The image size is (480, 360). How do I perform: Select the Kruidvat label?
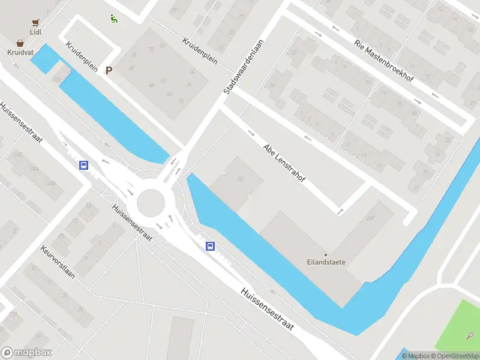21,52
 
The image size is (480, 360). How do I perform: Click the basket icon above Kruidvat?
21,43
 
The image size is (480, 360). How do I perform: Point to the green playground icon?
113,18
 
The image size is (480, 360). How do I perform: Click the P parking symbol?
109,71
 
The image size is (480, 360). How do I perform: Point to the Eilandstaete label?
326,262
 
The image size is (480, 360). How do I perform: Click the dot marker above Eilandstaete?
326,254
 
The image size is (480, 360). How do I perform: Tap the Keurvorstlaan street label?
58,263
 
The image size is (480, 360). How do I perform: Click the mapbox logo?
26,353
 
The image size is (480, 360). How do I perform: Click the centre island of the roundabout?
150,203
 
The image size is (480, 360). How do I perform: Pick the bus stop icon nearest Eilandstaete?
211,246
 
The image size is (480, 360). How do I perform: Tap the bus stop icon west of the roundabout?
85,166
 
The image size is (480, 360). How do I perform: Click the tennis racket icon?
471,336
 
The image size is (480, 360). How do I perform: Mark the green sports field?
459,324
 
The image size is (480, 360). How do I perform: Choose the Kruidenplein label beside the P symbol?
82,58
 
